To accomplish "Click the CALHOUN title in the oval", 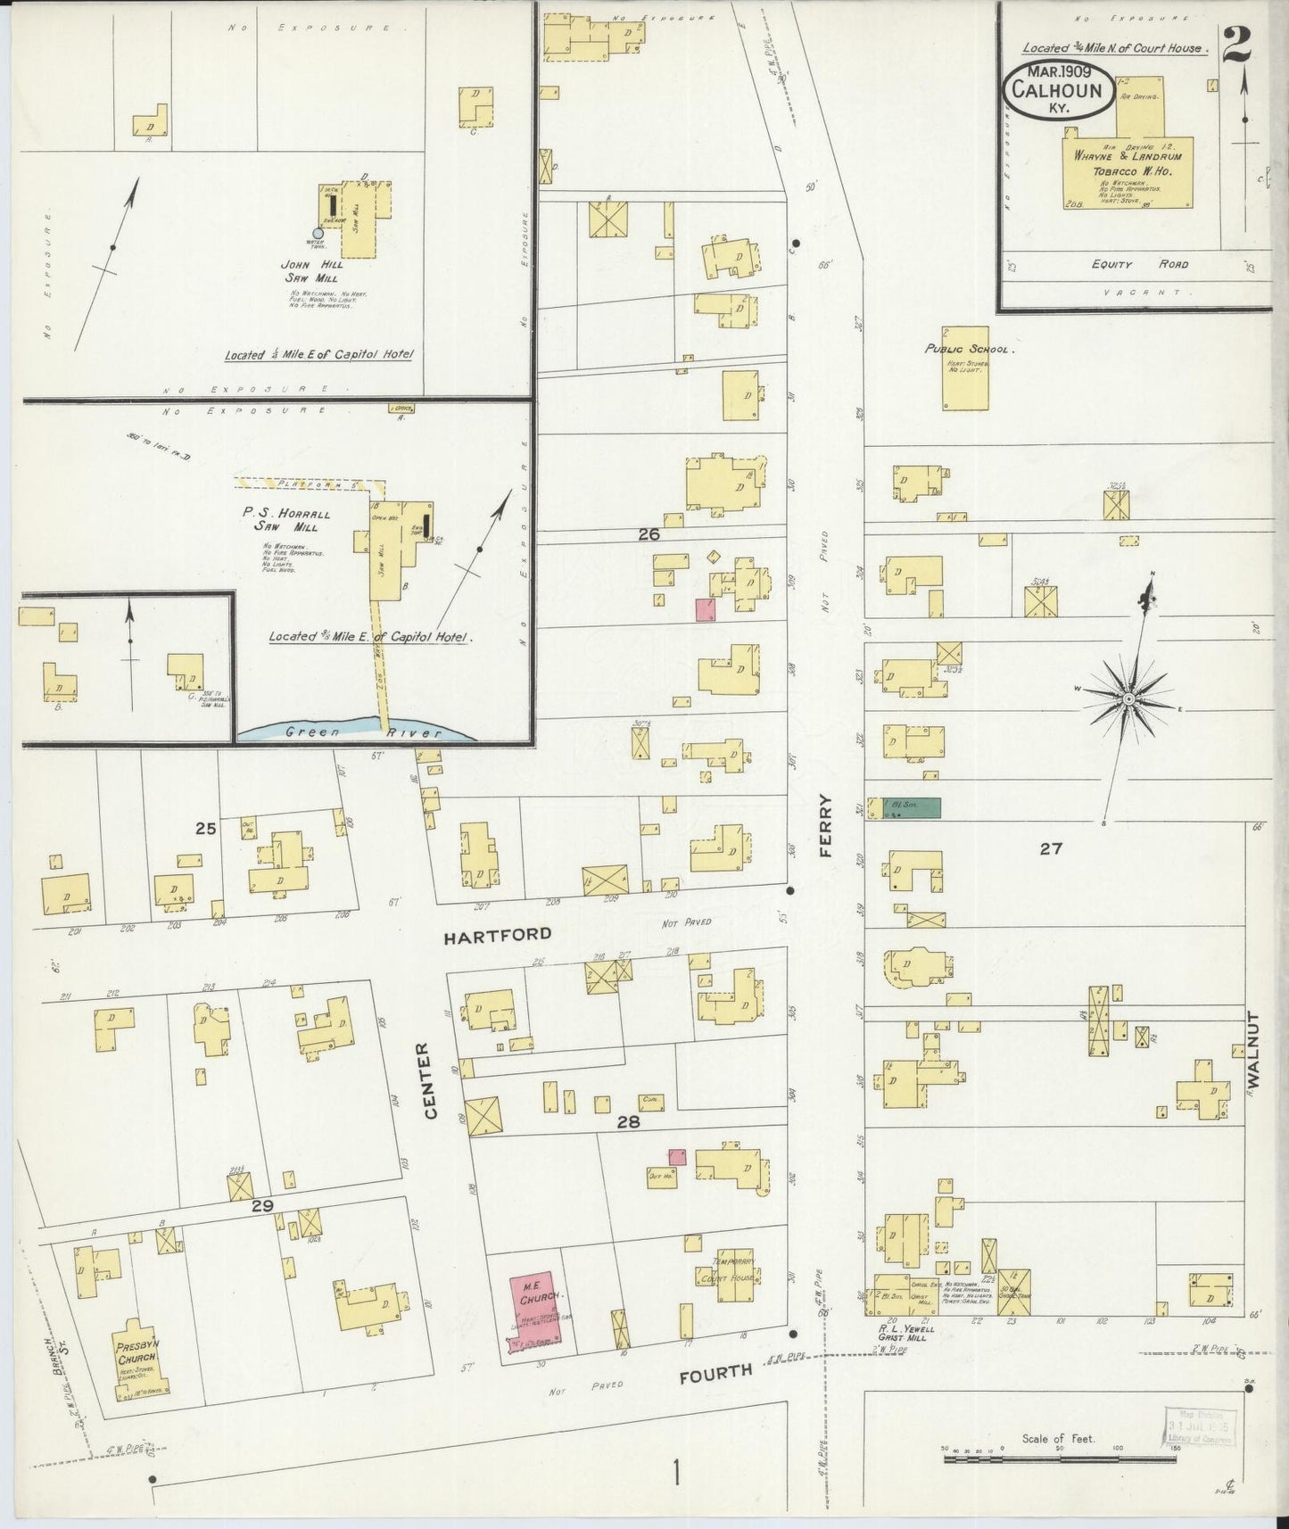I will pos(1058,90).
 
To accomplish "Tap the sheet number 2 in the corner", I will pos(1236,42).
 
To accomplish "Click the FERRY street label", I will pos(825,825).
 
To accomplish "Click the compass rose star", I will pos(1128,698).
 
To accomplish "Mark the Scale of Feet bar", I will pos(1059,1459).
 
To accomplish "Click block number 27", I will pos(1051,848).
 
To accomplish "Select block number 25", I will pos(206,828).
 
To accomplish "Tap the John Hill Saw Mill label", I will pos(310,271).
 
